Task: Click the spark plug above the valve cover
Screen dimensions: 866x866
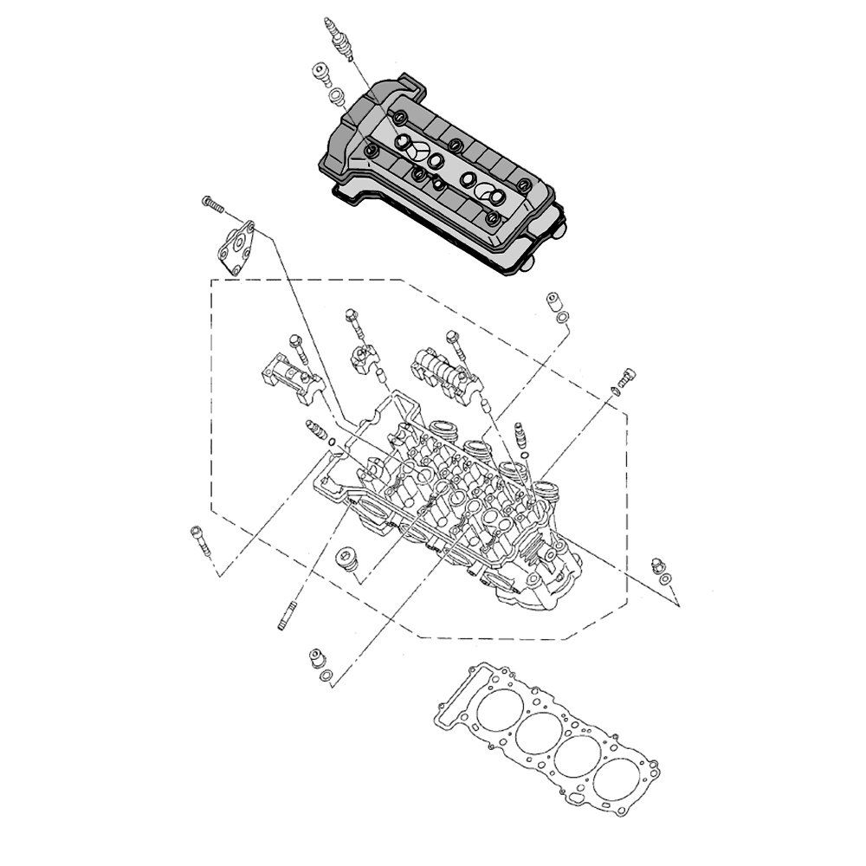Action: pos(339,38)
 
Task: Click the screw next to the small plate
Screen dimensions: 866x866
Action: pos(212,204)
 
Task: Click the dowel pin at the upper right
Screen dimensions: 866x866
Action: pos(554,303)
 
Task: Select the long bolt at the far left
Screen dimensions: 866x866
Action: pos(199,541)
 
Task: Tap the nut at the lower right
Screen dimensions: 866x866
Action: pos(656,565)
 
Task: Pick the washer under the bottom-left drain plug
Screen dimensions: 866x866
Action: pos(326,675)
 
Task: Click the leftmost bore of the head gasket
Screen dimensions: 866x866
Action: pos(494,708)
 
